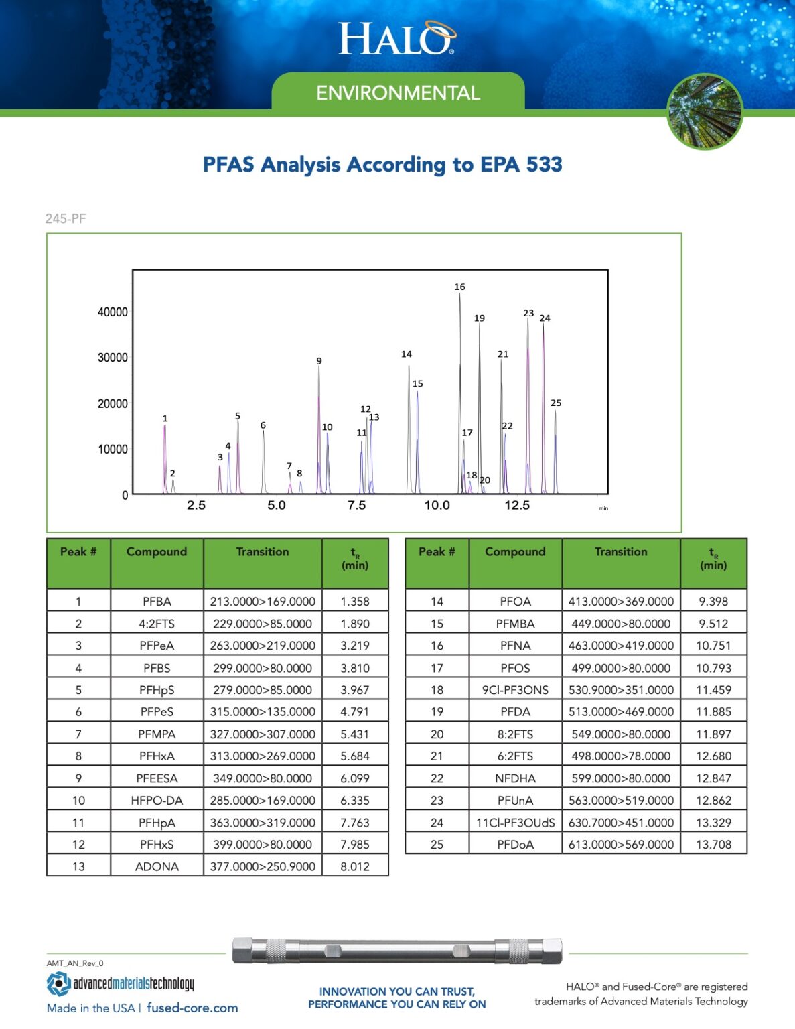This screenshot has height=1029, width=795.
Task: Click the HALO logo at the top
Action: pos(396,38)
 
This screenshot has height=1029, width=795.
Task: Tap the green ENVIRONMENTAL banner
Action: pos(398,92)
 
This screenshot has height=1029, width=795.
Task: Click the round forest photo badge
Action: pos(705,111)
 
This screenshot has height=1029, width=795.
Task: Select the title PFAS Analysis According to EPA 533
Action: pos(382,164)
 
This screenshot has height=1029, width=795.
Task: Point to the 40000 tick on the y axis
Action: pos(113,312)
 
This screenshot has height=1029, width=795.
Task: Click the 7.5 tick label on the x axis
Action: pos(356,505)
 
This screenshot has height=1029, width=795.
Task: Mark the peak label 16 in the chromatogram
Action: pos(459,287)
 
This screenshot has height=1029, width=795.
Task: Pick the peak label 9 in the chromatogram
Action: pos(319,361)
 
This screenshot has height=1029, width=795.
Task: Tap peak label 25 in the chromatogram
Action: pos(556,403)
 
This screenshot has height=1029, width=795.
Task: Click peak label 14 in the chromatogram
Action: pos(407,354)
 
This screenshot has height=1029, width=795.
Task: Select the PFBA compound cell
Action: pos(157,602)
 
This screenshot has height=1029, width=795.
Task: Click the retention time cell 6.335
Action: pos(355,800)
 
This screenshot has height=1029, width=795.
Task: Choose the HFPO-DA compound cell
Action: pos(157,800)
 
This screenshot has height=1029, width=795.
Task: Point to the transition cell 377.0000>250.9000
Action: pos(263,866)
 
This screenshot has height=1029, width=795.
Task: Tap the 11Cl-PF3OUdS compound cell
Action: pos(515,823)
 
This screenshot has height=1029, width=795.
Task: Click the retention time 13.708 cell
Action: pos(713,845)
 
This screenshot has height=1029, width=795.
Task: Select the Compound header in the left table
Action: pos(157,552)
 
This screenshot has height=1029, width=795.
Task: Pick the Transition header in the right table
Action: pos(621,552)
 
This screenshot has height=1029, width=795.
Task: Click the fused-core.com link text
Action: pos(192,1008)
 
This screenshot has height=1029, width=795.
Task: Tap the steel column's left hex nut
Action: pos(242,951)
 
